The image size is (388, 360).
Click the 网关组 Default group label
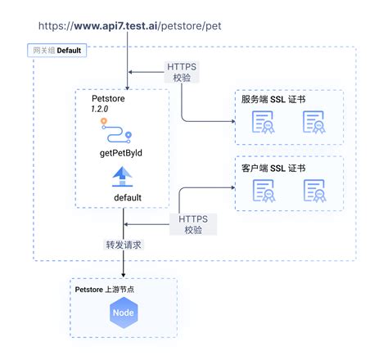[56, 51]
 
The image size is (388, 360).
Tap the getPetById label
[121, 151]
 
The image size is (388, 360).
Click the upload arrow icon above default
[122, 176]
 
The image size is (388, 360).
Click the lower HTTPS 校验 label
[193, 223]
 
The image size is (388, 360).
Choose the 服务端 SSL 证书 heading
[273, 99]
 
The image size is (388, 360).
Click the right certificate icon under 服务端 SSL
[314, 124]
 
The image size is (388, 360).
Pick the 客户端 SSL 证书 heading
[273, 168]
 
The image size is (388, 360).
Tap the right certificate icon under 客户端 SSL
[314, 191]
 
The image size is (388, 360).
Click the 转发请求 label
[123, 245]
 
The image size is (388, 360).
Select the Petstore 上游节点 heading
[106, 289]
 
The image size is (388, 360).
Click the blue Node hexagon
[123, 313]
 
